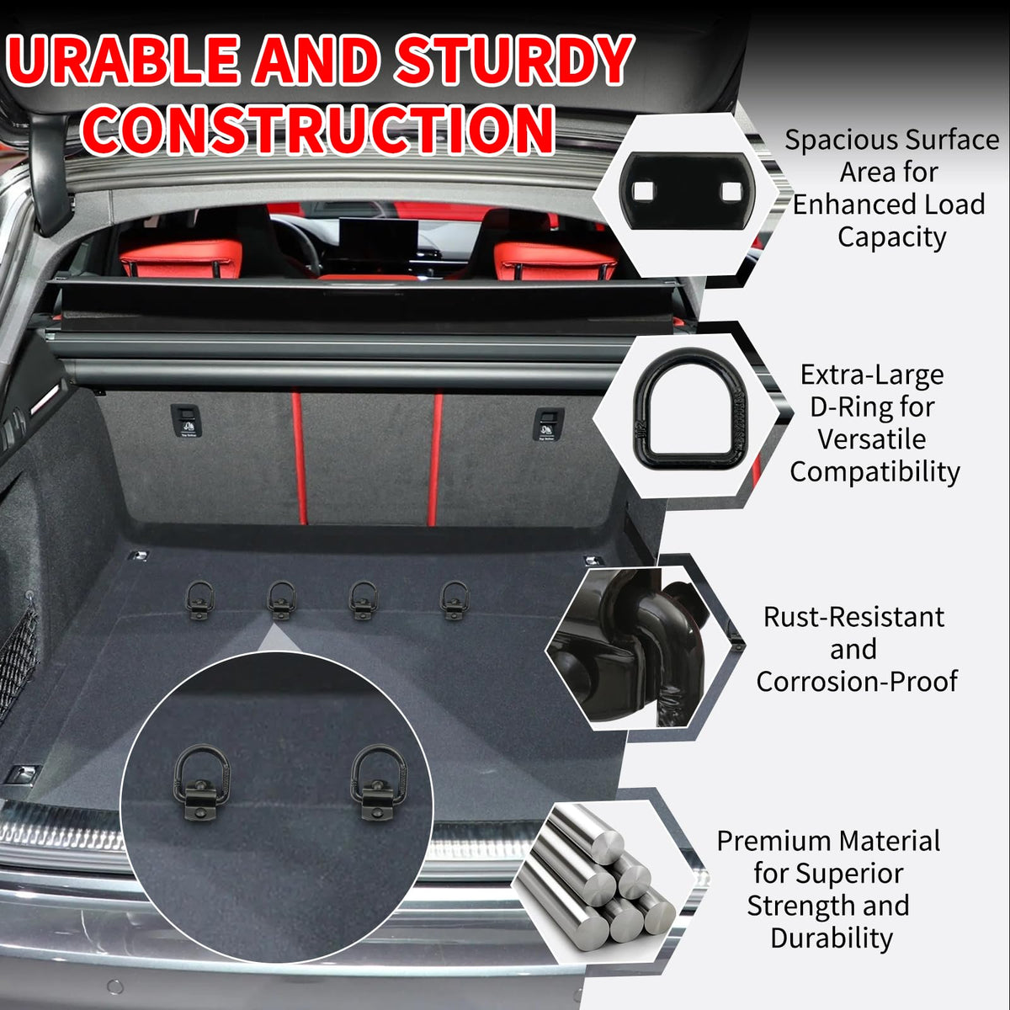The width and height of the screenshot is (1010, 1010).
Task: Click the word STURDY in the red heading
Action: [x=514, y=60]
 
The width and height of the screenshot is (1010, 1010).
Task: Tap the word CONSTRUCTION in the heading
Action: [x=318, y=129]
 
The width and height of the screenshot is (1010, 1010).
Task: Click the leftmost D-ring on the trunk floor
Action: [x=199, y=599]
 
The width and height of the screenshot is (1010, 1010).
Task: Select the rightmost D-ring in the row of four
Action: [x=454, y=599]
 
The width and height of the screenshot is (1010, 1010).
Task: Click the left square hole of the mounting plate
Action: [x=644, y=192]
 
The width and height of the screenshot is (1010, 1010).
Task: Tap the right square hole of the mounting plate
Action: [x=731, y=192]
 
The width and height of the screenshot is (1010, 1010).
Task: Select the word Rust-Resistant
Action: [x=853, y=617]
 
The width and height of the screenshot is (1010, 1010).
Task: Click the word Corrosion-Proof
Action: [x=857, y=682]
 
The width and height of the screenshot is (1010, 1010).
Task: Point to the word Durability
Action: [x=832, y=938]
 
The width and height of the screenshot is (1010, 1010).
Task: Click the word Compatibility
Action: [x=874, y=472]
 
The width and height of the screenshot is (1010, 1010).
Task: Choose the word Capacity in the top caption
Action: [x=891, y=238]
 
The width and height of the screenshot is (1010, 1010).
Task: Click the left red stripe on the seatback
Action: [x=300, y=457]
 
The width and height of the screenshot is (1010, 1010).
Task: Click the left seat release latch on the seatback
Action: [x=186, y=420]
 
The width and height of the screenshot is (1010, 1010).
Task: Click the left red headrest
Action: [x=181, y=258]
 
